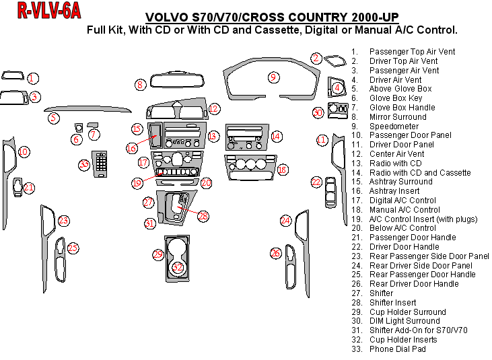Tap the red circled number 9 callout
coord(273,77)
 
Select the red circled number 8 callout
coord(140,85)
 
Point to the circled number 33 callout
coord(84,164)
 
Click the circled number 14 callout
coord(275,137)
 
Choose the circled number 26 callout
coord(275,253)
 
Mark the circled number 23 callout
coord(63,221)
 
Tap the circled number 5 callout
coord(53,118)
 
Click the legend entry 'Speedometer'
coord(394,126)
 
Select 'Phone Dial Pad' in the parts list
coord(398,349)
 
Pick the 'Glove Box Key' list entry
coord(396,98)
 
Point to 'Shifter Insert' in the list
coord(392,302)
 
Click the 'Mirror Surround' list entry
coord(398,116)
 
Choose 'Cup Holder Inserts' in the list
coord(403,339)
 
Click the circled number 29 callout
coord(158,254)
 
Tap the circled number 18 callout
coord(282,170)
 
